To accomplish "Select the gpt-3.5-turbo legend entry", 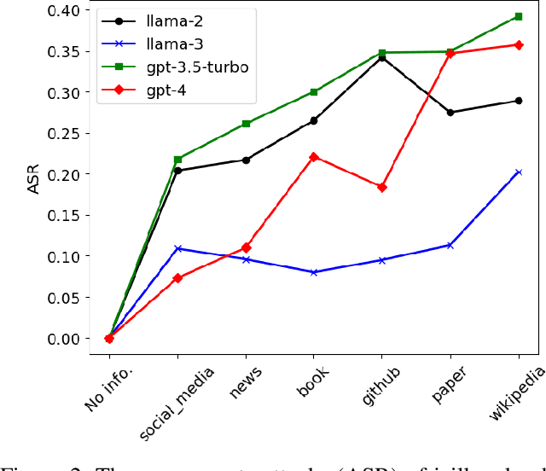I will [195, 66].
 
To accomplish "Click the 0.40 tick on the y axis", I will [64, 11].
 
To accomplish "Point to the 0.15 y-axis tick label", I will [64, 215].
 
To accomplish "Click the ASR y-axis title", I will [33, 174].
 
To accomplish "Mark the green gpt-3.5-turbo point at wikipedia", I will [518, 16].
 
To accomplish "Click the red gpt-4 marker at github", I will [381, 187].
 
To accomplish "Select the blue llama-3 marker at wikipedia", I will [518, 172].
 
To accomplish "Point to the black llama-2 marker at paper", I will [450, 113].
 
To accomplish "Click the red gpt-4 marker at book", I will [314, 157].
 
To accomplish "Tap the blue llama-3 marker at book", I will [314, 272].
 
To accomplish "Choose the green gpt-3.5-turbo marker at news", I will [246, 124].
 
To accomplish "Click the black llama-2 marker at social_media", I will [177, 171].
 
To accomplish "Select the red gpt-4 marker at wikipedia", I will [518, 44].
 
